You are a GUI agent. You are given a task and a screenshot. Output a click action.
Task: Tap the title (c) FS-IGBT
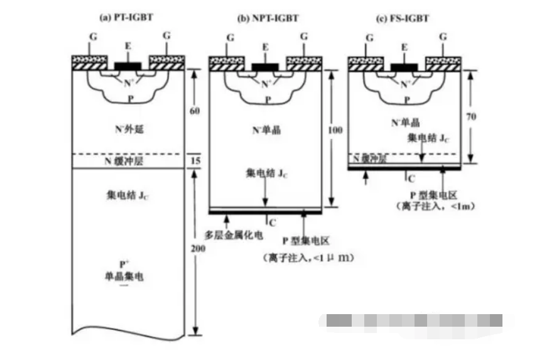coord(402,19)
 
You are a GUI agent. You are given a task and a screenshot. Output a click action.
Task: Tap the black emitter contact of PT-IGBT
coord(128,65)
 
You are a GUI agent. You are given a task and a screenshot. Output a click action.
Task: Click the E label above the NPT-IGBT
coord(265,47)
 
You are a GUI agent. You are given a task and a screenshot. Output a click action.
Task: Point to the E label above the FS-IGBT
coord(404,47)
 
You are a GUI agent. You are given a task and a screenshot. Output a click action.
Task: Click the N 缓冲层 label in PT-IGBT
coord(128,161)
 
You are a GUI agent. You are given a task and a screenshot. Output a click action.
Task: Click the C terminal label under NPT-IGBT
coord(271,222)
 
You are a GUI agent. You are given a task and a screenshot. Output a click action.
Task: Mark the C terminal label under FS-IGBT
coord(410,178)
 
